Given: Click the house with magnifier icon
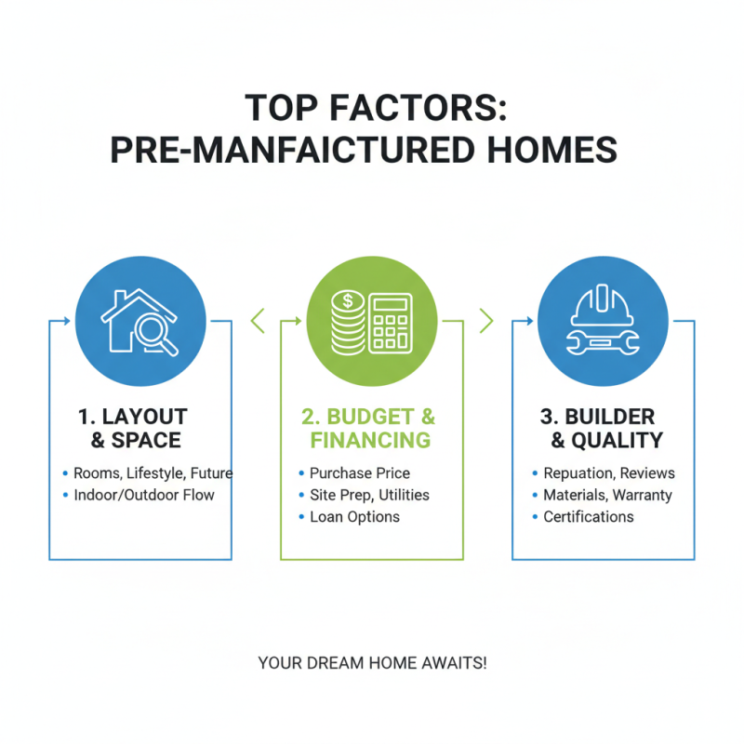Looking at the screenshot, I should click(x=139, y=320).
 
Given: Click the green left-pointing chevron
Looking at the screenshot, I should click(x=258, y=321).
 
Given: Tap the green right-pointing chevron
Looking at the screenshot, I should click(x=485, y=321).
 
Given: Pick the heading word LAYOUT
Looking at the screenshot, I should click(x=145, y=416).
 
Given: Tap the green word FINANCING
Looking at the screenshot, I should click(x=371, y=440).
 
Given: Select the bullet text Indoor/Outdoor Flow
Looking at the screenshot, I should click(x=144, y=495).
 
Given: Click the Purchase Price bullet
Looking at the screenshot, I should click(x=360, y=472).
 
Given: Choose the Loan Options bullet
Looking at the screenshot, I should click(x=354, y=516).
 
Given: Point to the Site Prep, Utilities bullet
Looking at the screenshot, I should click(x=369, y=495).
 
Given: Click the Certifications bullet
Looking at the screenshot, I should click(x=589, y=516).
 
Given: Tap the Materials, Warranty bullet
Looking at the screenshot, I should click(x=607, y=495).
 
